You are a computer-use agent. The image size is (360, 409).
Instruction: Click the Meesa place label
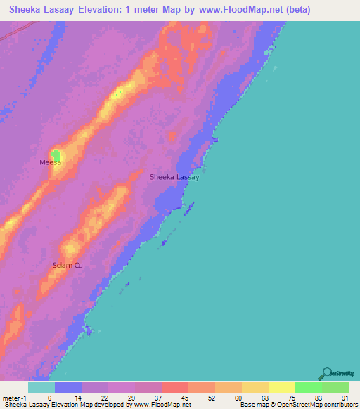pos(50,162)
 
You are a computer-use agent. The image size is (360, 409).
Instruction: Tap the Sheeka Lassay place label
pos(174,177)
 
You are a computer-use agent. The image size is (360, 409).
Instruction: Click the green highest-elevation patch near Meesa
pos(56,155)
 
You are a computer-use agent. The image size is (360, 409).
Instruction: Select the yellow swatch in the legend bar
pos(281,387)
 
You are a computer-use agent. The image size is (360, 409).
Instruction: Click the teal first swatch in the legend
pos(41,387)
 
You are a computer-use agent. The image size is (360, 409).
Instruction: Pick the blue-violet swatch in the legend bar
pos(67,387)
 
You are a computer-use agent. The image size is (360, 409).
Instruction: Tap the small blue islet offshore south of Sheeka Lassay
pos(165,243)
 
